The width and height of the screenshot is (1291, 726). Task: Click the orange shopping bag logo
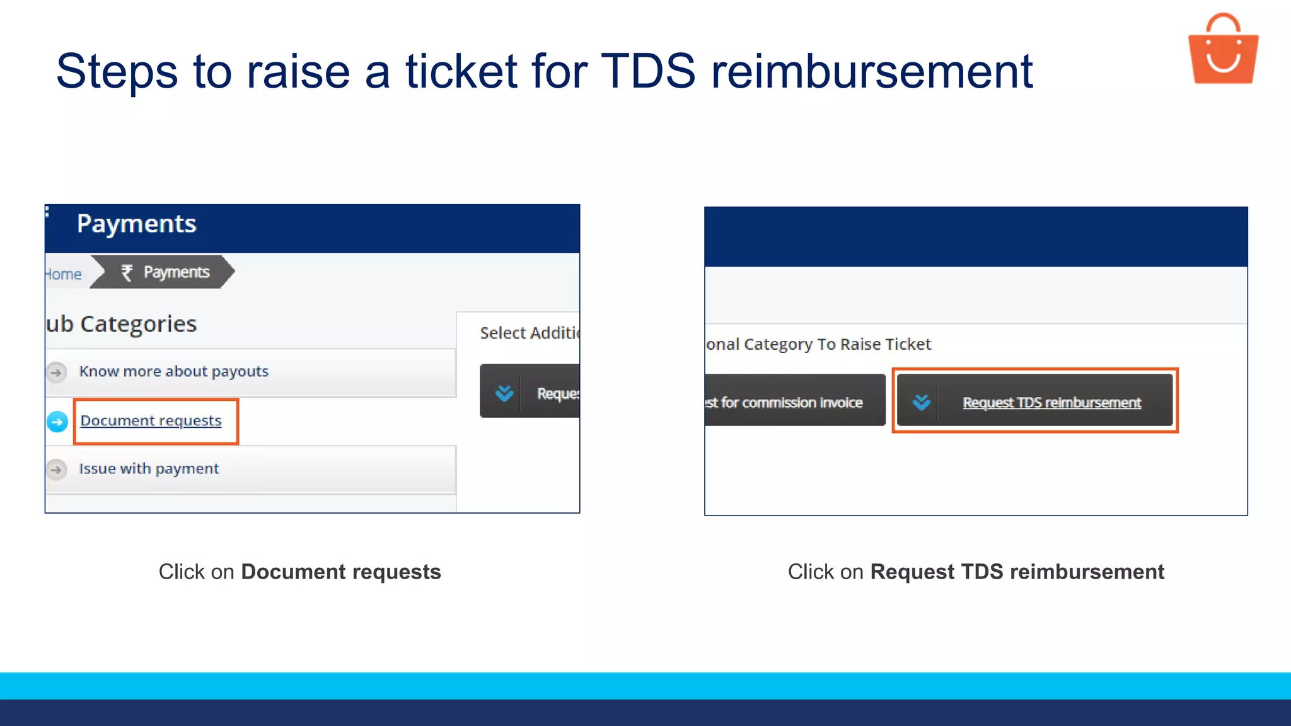tap(1223, 50)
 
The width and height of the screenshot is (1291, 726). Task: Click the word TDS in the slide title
tap(648, 71)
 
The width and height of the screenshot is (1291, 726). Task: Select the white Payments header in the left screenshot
tap(136, 224)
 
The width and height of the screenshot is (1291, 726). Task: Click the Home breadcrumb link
tap(64, 274)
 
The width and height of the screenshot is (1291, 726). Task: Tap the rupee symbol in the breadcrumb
tap(127, 272)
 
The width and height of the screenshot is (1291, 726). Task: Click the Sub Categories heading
tap(121, 324)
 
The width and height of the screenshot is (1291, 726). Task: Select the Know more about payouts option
tap(174, 372)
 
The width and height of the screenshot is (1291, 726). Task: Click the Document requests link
tap(151, 420)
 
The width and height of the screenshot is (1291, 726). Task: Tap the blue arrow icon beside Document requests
tap(57, 422)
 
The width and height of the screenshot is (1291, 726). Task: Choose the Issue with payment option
tap(149, 469)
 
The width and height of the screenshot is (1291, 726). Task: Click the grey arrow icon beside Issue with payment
tap(56, 470)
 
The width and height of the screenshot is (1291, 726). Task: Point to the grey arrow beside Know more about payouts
tap(56, 372)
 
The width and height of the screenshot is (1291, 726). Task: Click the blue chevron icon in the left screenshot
tap(504, 393)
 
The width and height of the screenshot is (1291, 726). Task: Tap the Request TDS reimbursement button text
tap(1051, 403)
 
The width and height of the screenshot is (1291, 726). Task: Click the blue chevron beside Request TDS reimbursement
tap(921, 402)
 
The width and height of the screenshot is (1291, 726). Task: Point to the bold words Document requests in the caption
tap(340, 572)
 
